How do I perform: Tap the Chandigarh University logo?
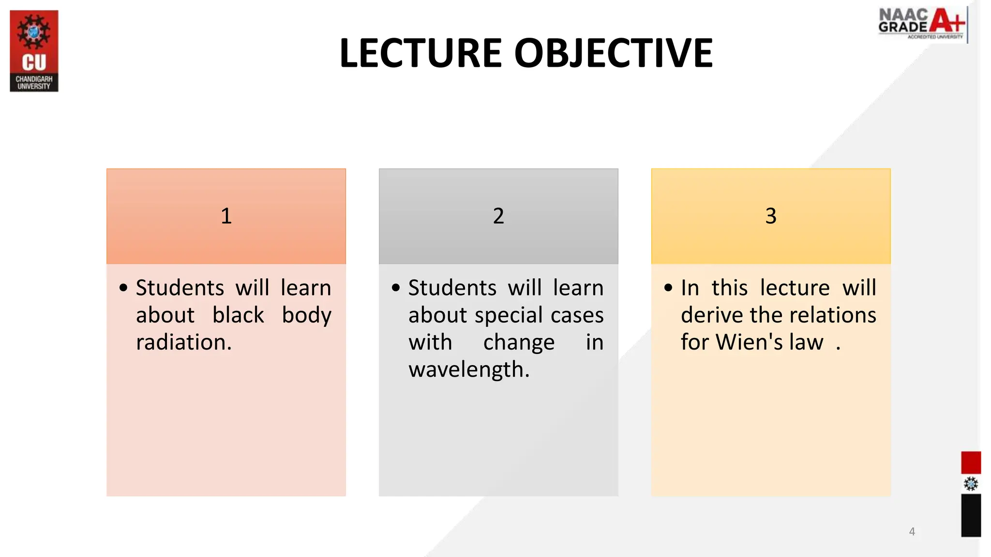point(34,51)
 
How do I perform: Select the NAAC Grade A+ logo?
point(922,24)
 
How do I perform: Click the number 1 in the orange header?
point(226,216)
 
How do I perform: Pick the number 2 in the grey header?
point(498,216)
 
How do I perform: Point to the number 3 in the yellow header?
point(771,216)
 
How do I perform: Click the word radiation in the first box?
point(183,342)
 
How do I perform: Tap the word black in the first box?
point(238,315)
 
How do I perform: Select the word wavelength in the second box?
point(468,369)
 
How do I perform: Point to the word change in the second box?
point(519,342)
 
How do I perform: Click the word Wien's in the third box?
point(749,342)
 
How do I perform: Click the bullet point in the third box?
point(668,288)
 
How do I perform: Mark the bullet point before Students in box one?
point(123,288)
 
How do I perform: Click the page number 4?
point(912,531)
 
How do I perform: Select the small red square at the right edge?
point(971,462)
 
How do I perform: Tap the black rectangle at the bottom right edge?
point(971,515)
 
